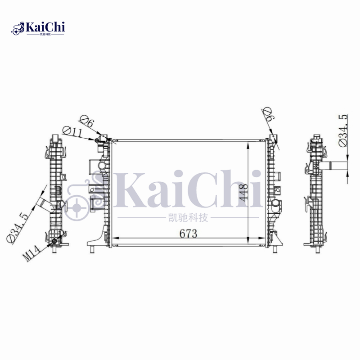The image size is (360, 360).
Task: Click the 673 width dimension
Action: [189, 234]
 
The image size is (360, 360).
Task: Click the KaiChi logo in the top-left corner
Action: [39, 28]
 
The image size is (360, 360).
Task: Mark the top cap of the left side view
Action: [54, 137]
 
